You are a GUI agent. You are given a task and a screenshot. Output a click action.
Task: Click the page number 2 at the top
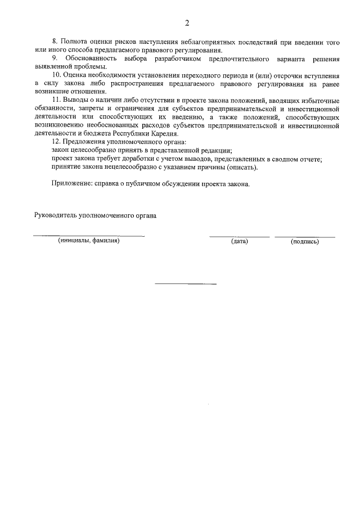[186, 23]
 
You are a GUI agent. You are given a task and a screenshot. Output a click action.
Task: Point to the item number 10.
[56, 75]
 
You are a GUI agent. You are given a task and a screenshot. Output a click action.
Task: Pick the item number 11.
[56, 100]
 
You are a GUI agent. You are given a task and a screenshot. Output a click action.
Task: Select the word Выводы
[75, 100]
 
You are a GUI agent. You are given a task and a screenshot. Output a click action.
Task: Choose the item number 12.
[56, 142]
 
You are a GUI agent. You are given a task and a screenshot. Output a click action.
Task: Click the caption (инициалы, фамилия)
[89, 241]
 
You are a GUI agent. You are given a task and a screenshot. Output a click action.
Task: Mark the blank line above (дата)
[240, 236]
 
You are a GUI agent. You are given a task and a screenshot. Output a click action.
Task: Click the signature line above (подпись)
[305, 236]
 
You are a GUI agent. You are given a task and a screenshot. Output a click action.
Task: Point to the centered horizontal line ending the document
[186, 283]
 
